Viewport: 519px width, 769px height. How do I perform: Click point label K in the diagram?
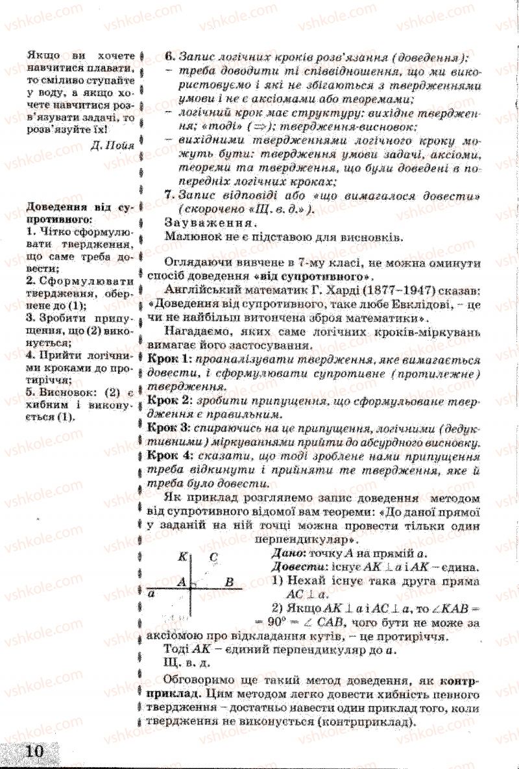pyautogui.click(x=182, y=556)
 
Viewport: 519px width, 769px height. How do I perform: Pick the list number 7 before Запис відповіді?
pyautogui.click(x=169, y=195)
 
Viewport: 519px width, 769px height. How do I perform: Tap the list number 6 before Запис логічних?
pyautogui.click(x=169, y=56)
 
